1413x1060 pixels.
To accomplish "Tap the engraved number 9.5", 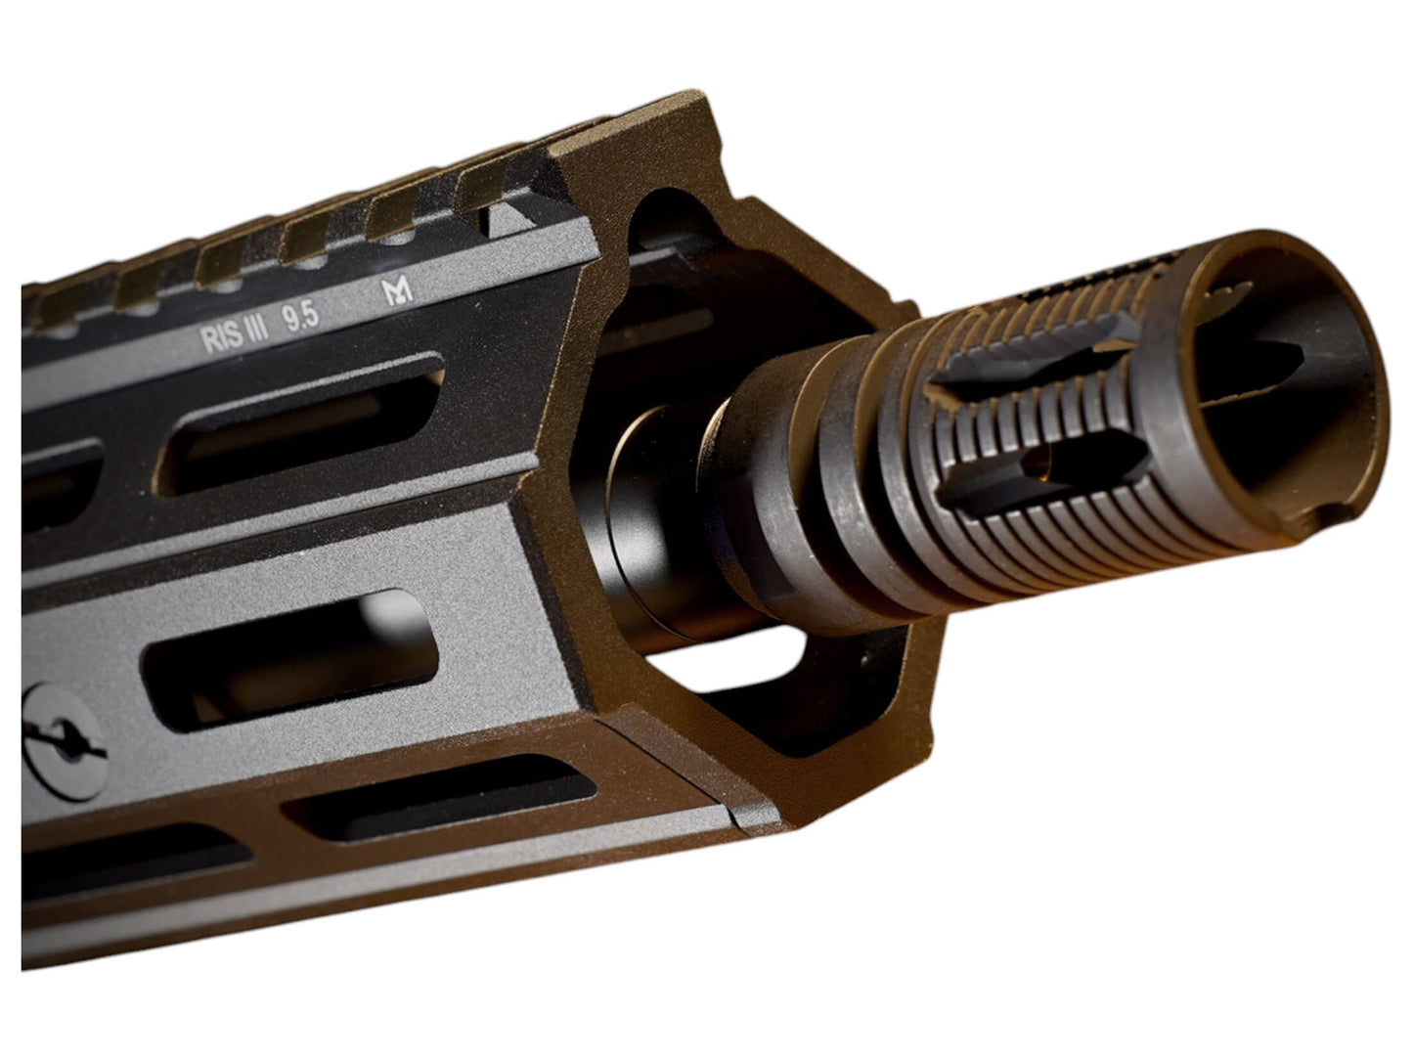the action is (300, 318).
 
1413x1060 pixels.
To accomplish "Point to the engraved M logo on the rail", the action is (397, 291).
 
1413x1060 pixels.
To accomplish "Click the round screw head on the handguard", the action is (64, 742).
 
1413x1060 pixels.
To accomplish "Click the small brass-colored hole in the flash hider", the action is (1038, 461).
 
